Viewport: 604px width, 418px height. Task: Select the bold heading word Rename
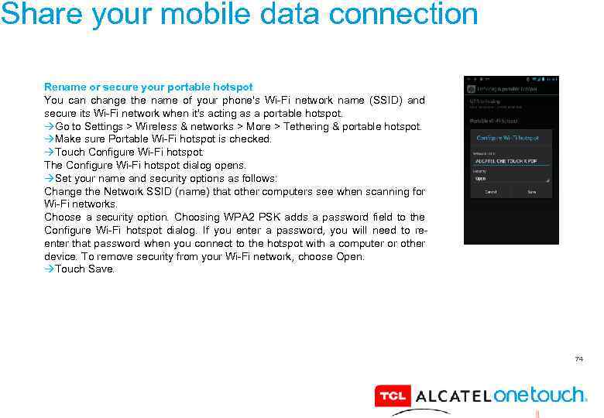click(x=65, y=87)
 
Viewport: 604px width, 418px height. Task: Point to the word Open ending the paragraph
click(x=350, y=256)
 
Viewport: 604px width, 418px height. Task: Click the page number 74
click(x=578, y=359)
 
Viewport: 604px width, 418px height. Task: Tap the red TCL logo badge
click(x=391, y=396)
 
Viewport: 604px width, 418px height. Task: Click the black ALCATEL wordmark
click(x=452, y=396)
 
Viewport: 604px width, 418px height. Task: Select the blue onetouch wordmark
click(x=540, y=395)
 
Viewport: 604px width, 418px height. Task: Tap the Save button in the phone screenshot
click(x=532, y=191)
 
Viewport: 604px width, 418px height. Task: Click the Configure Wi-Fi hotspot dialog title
click(x=507, y=138)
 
